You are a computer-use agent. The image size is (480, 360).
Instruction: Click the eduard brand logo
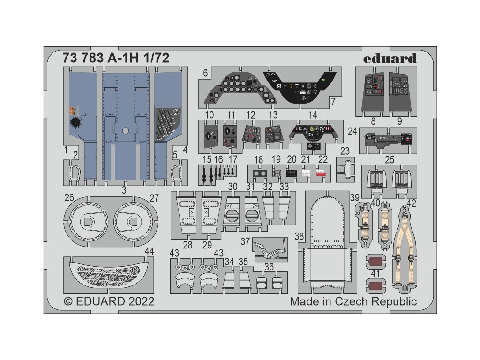point(396,59)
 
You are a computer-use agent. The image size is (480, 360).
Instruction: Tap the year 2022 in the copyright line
point(138,301)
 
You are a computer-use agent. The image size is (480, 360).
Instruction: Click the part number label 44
point(149,252)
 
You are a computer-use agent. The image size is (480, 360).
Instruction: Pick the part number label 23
point(345,151)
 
